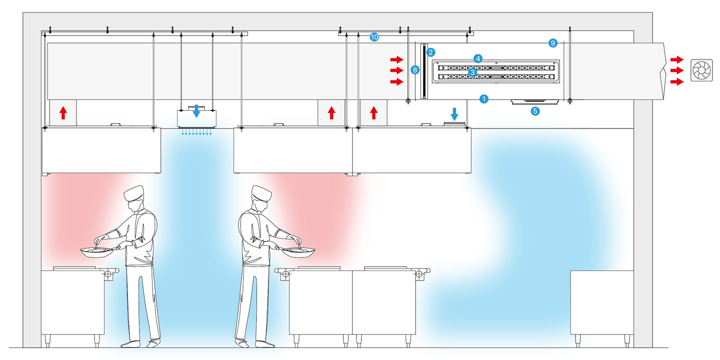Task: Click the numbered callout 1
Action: pos(483,99)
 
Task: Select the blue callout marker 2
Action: pos(430,51)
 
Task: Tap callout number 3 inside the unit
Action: pos(472,72)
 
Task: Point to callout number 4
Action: pos(478,58)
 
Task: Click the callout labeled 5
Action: pos(535,111)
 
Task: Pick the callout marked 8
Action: pos(415,70)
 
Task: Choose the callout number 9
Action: pos(552,43)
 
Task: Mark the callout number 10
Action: pos(374,37)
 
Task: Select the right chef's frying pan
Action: pos(299,252)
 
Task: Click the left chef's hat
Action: pos(135,192)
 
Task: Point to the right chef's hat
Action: pos(261,193)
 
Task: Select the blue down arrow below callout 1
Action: pos(454,113)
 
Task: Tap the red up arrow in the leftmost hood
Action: pos(63,112)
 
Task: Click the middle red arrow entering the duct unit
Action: pos(396,70)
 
